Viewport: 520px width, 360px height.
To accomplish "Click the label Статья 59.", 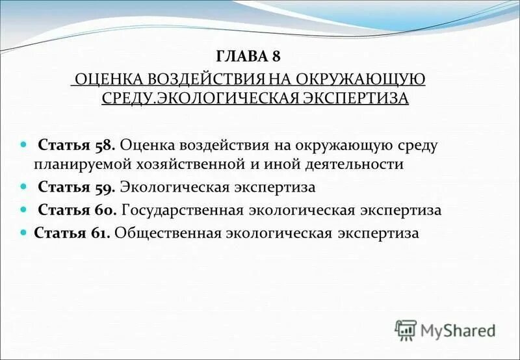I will coord(77,188).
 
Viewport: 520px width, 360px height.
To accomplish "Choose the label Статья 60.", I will coord(77,211).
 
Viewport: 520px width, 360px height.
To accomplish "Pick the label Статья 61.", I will coord(72,233).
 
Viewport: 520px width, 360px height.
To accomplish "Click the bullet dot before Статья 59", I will coord(24,188).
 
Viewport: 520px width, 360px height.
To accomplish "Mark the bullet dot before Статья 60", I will coord(24,211).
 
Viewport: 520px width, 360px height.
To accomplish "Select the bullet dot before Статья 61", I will coord(24,233).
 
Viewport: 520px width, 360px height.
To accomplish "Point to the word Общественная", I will coord(168,233).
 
